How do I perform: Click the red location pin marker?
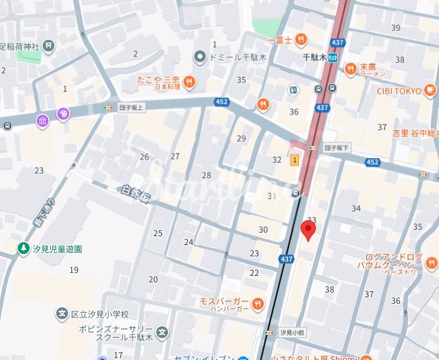[x=308, y=230]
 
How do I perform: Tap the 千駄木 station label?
[x=315, y=57]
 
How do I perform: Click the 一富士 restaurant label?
[x=280, y=40]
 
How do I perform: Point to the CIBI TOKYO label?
[x=399, y=91]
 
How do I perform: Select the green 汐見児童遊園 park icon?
[x=23, y=247]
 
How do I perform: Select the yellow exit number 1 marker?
[x=294, y=160]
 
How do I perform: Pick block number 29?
[x=241, y=139]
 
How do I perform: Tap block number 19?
[x=74, y=270]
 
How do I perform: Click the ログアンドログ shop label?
[x=393, y=257]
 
